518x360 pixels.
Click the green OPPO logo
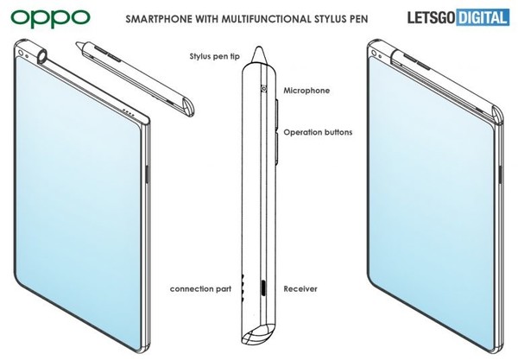pyautogui.click(x=50, y=18)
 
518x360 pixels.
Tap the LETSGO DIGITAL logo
pyautogui.click(x=458, y=17)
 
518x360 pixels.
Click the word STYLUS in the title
pyautogui.click(x=329, y=18)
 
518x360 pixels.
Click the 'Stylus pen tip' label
pyautogui.click(x=214, y=56)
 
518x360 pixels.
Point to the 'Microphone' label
pyautogui.click(x=306, y=91)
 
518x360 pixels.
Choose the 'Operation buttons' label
pyautogui.click(x=318, y=132)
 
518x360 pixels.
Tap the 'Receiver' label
pyautogui.click(x=300, y=289)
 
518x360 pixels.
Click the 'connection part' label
pyautogui.click(x=200, y=289)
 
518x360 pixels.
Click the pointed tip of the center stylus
pyautogui.click(x=259, y=47)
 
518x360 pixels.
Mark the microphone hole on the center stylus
pyautogui.click(x=263, y=88)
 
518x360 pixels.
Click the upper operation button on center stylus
pyautogui.click(x=277, y=113)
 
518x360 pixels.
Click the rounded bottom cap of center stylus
pyautogui.click(x=260, y=334)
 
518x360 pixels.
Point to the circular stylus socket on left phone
pyautogui.click(x=43, y=56)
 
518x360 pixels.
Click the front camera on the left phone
pyautogui.click(x=21, y=53)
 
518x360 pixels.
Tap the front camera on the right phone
pyautogui.click(x=374, y=53)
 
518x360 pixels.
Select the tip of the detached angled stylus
pyautogui.click(x=78, y=43)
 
